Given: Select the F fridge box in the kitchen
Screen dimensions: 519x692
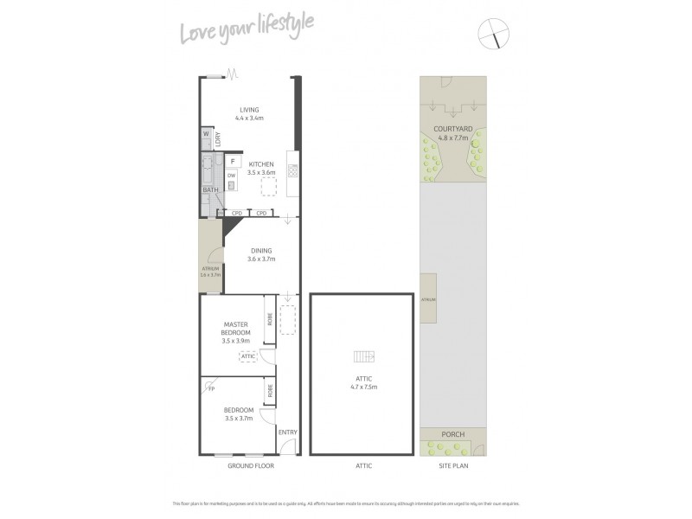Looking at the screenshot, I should (234, 161).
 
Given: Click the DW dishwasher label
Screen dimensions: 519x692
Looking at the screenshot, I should (231, 176).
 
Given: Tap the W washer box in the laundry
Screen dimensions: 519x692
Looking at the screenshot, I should (207, 135).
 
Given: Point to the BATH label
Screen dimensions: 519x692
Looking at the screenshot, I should (210, 189).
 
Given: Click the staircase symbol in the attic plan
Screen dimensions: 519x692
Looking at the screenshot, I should (364, 356).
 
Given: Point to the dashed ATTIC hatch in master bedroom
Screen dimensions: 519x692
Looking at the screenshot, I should (248, 356).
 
